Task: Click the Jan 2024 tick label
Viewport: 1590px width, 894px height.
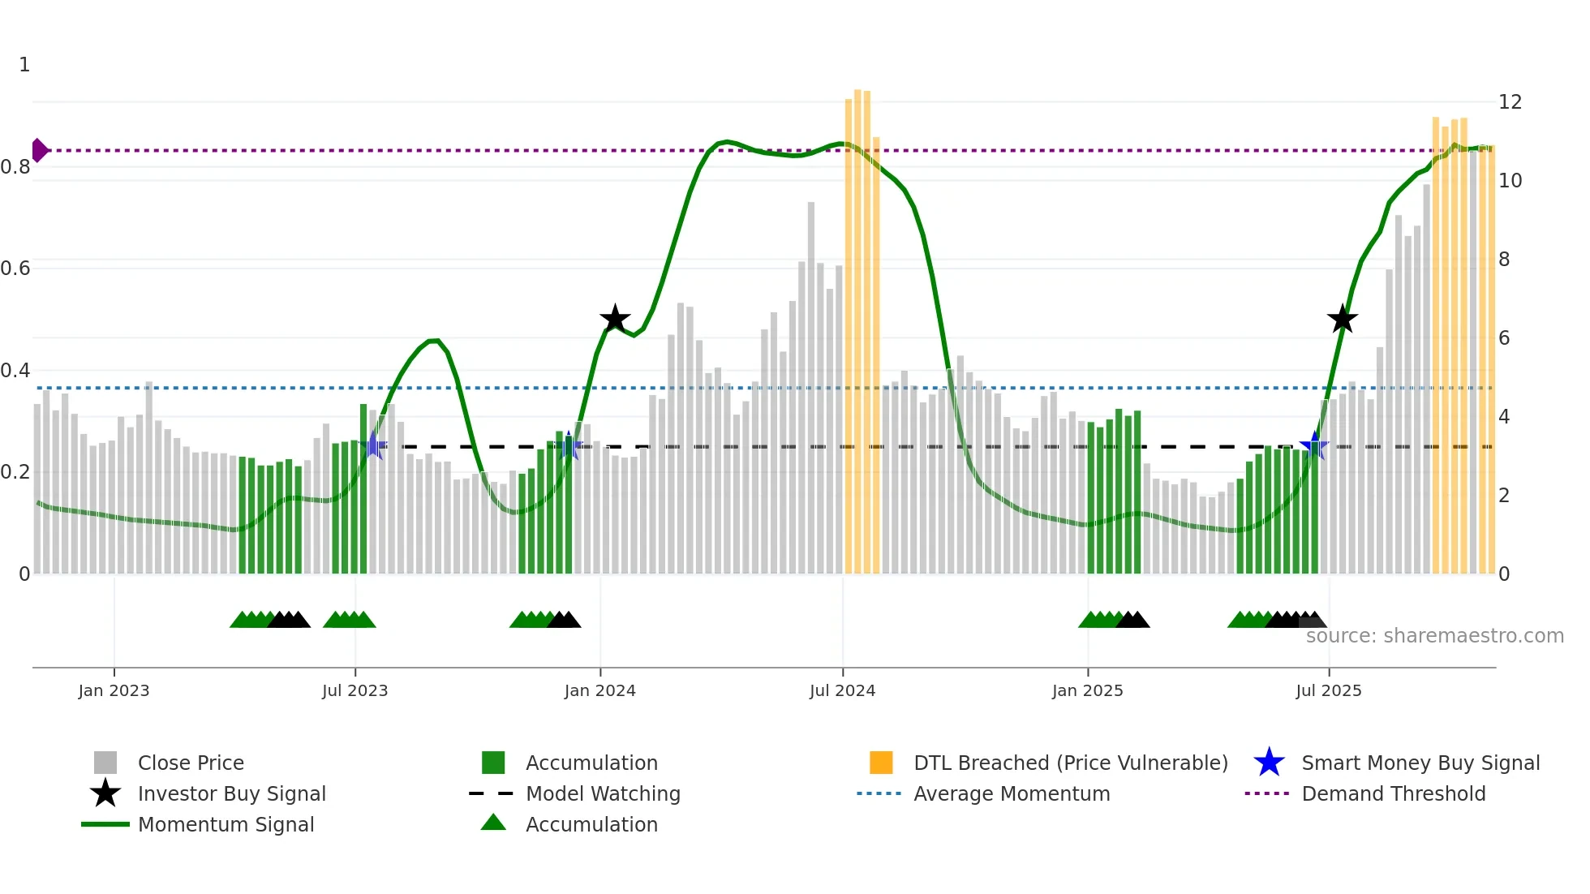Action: click(599, 690)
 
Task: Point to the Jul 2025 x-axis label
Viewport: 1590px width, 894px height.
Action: click(1328, 690)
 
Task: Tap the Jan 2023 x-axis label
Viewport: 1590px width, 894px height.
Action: click(114, 690)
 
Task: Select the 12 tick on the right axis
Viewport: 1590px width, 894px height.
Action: click(1510, 102)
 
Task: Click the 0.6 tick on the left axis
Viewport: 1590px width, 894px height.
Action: click(15, 269)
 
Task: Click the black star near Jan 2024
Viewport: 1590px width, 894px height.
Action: click(615, 319)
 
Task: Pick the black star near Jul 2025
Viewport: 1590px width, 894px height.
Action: click(1343, 319)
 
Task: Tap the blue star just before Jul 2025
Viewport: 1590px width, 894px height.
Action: click(1313, 445)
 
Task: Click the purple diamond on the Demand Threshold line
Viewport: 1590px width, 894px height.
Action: click(38, 150)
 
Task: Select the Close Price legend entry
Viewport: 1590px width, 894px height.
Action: click(191, 763)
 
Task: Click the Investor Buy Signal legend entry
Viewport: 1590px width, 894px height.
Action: click(231, 793)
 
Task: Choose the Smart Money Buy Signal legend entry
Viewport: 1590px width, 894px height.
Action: click(1420, 763)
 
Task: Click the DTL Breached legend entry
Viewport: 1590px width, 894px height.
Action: click(1070, 763)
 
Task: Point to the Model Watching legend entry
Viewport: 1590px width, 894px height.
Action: click(602, 793)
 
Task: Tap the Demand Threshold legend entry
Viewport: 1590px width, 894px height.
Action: click(1393, 793)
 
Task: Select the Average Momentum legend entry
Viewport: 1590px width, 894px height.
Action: click(1011, 793)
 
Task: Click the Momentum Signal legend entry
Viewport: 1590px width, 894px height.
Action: click(226, 824)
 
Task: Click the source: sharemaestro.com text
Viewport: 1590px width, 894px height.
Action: click(1434, 636)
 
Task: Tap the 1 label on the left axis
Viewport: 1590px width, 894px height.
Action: click(24, 65)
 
